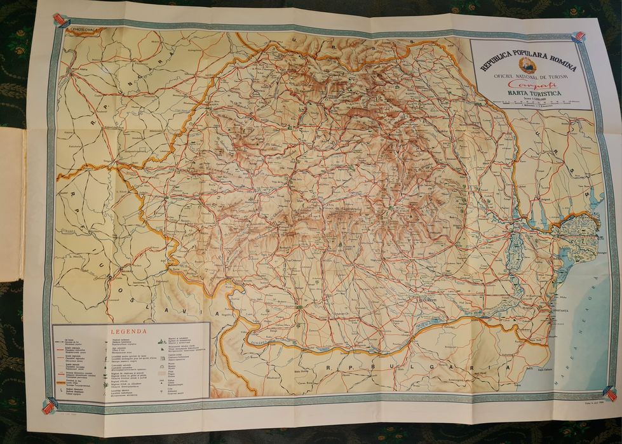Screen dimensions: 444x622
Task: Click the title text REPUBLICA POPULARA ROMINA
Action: click(x=528, y=62)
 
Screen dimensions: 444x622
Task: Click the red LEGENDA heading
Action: click(x=129, y=331)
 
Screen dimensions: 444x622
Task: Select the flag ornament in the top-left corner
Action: click(x=60, y=20)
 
